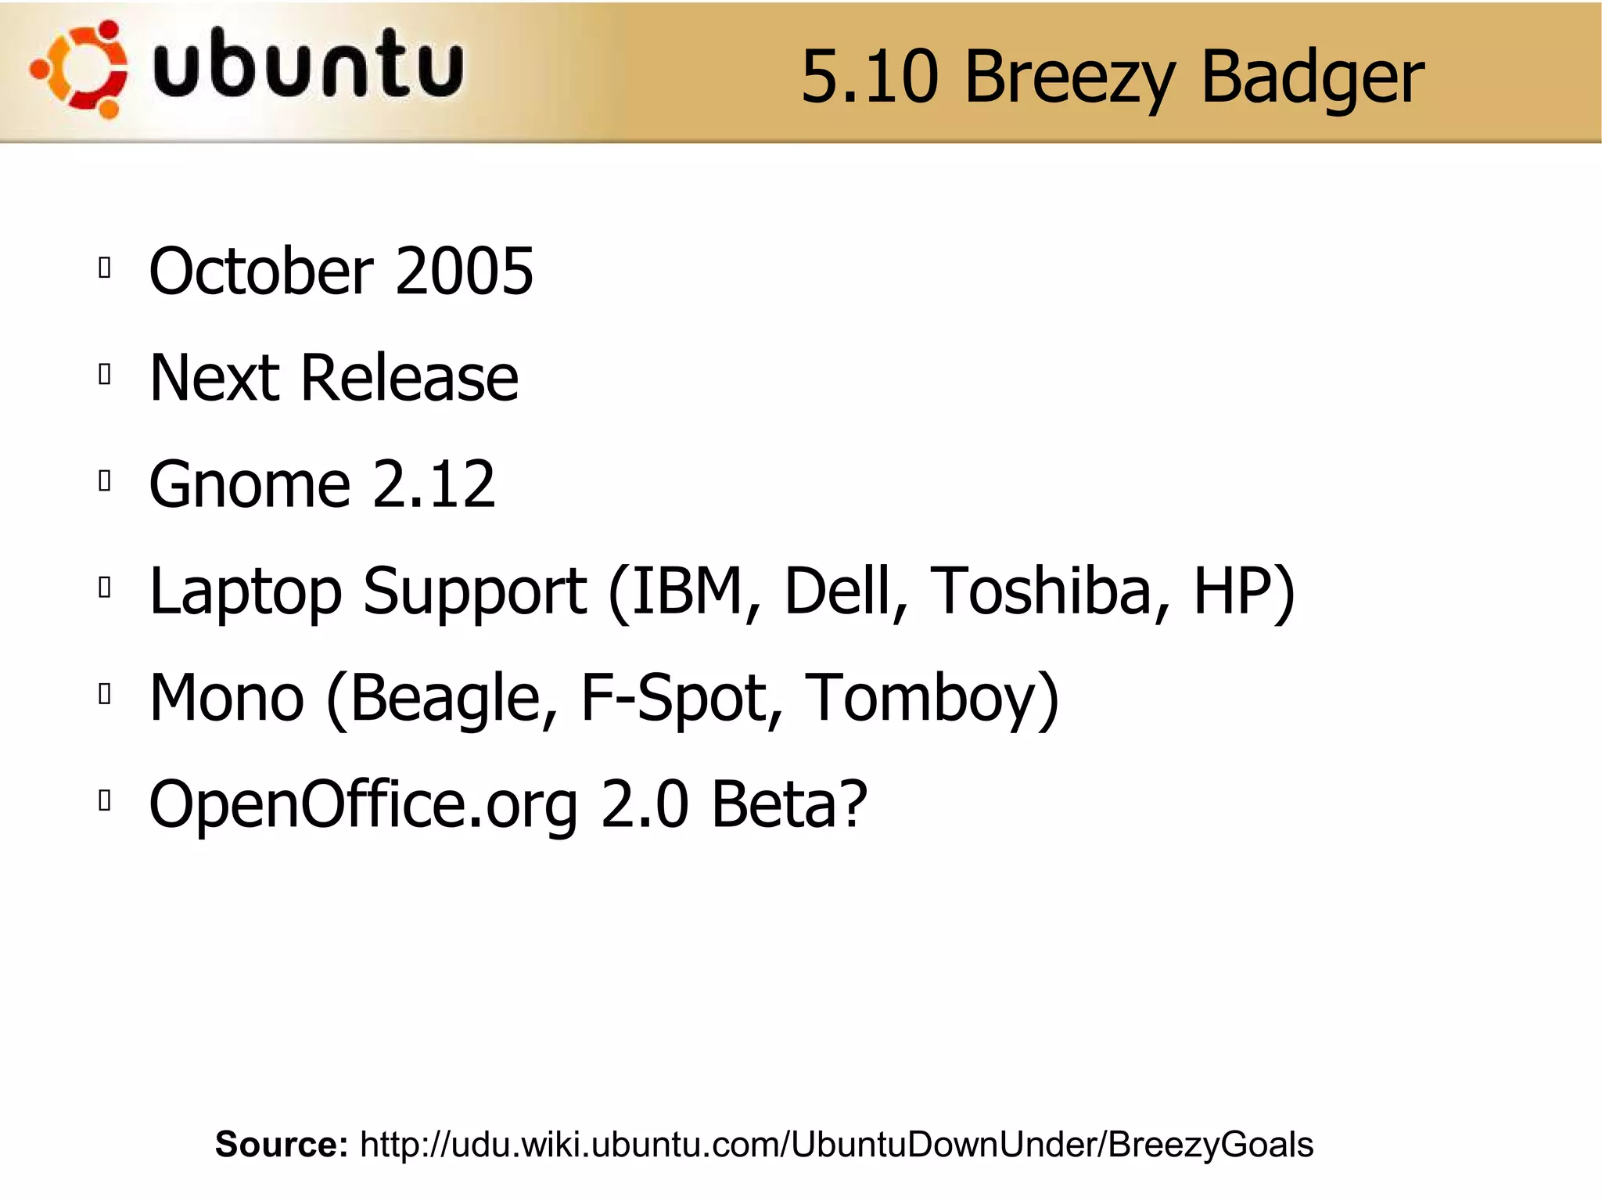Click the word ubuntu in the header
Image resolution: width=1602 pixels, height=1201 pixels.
pyautogui.click(x=308, y=64)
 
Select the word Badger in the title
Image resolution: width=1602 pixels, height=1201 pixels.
pyautogui.click(x=1312, y=78)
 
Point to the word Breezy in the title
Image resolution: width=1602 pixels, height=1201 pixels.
pyautogui.click(x=1069, y=78)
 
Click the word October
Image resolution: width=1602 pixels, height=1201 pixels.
pyautogui.click(x=261, y=271)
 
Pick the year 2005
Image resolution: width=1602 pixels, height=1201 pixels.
pyautogui.click(x=465, y=271)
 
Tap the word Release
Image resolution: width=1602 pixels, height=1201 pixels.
pyautogui.click(x=409, y=378)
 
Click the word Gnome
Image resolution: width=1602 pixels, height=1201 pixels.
pyautogui.click(x=249, y=484)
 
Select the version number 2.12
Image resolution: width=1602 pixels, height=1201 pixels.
pyautogui.click(x=433, y=484)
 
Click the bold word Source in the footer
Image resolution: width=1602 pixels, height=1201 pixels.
pyautogui.click(x=281, y=1144)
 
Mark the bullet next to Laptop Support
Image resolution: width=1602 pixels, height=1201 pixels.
pyautogui.click(x=105, y=587)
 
